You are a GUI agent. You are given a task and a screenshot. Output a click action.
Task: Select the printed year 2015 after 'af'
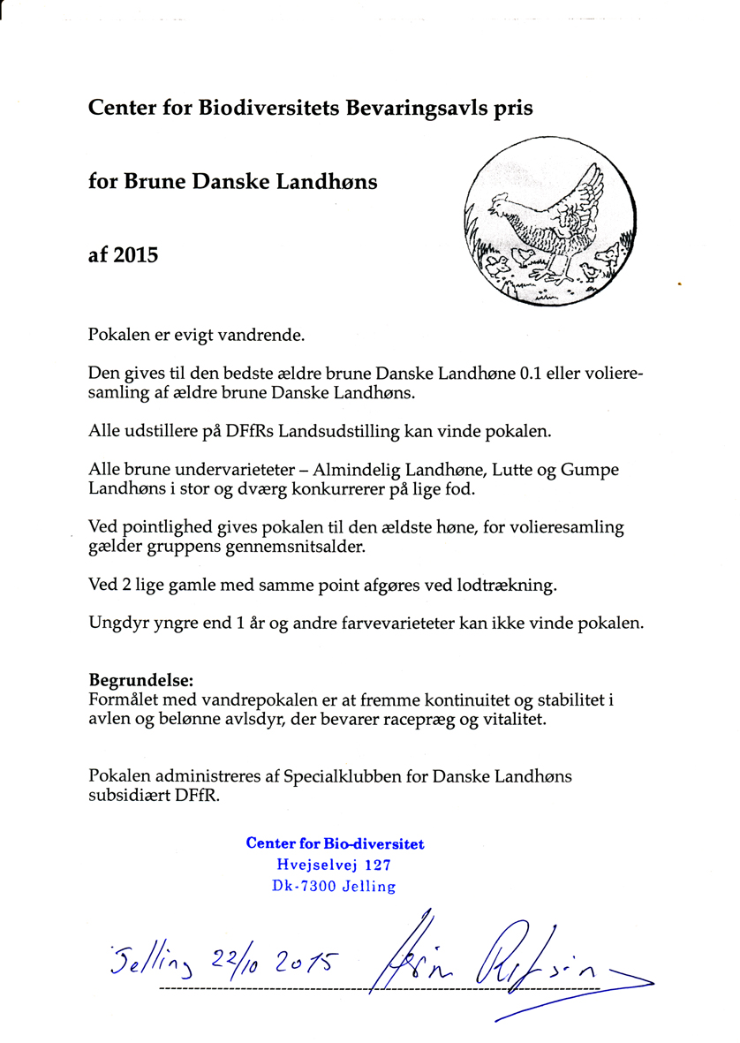pyautogui.click(x=136, y=255)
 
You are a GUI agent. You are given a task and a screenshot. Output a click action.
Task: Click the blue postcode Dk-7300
pyautogui.click(x=303, y=887)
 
